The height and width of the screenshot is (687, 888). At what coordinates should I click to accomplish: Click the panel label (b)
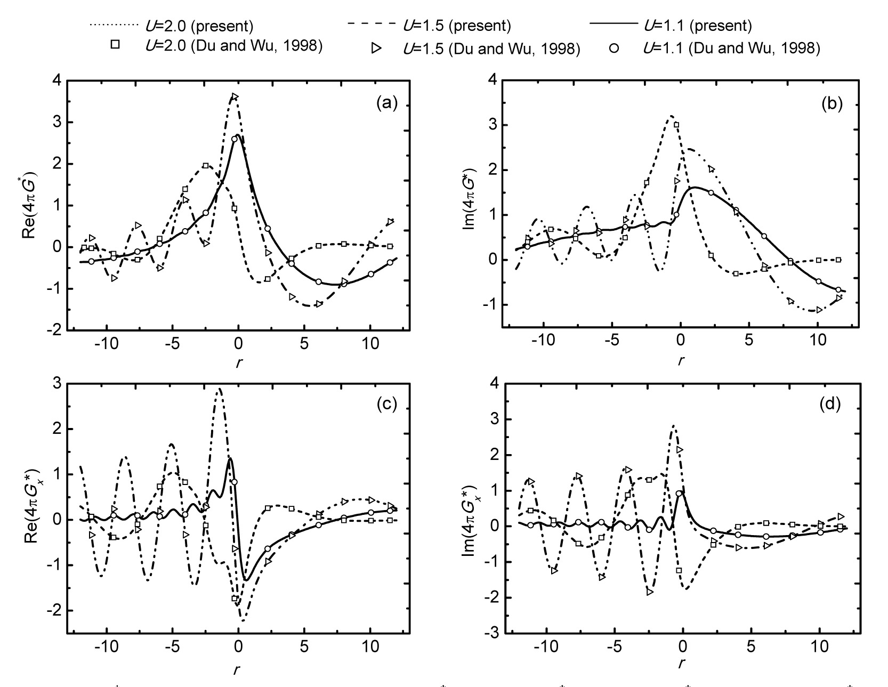[831, 103]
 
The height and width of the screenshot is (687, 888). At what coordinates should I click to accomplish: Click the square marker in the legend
[115, 45]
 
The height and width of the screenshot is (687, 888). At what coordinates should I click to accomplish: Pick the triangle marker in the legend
[377, 49]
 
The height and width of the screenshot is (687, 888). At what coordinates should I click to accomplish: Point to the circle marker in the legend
[614, 49]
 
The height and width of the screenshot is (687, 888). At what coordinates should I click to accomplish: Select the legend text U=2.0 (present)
[199, 26]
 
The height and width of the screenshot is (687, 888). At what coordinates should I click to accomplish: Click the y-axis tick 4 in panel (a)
[56, 81]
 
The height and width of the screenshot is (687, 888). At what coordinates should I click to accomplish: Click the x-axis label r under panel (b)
[681, 361]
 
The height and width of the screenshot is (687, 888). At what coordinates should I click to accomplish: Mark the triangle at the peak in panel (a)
[235, 96]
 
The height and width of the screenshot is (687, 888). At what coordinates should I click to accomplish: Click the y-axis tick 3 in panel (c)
[56, 384]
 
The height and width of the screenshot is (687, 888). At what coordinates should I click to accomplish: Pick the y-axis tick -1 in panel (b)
[491, 305]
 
